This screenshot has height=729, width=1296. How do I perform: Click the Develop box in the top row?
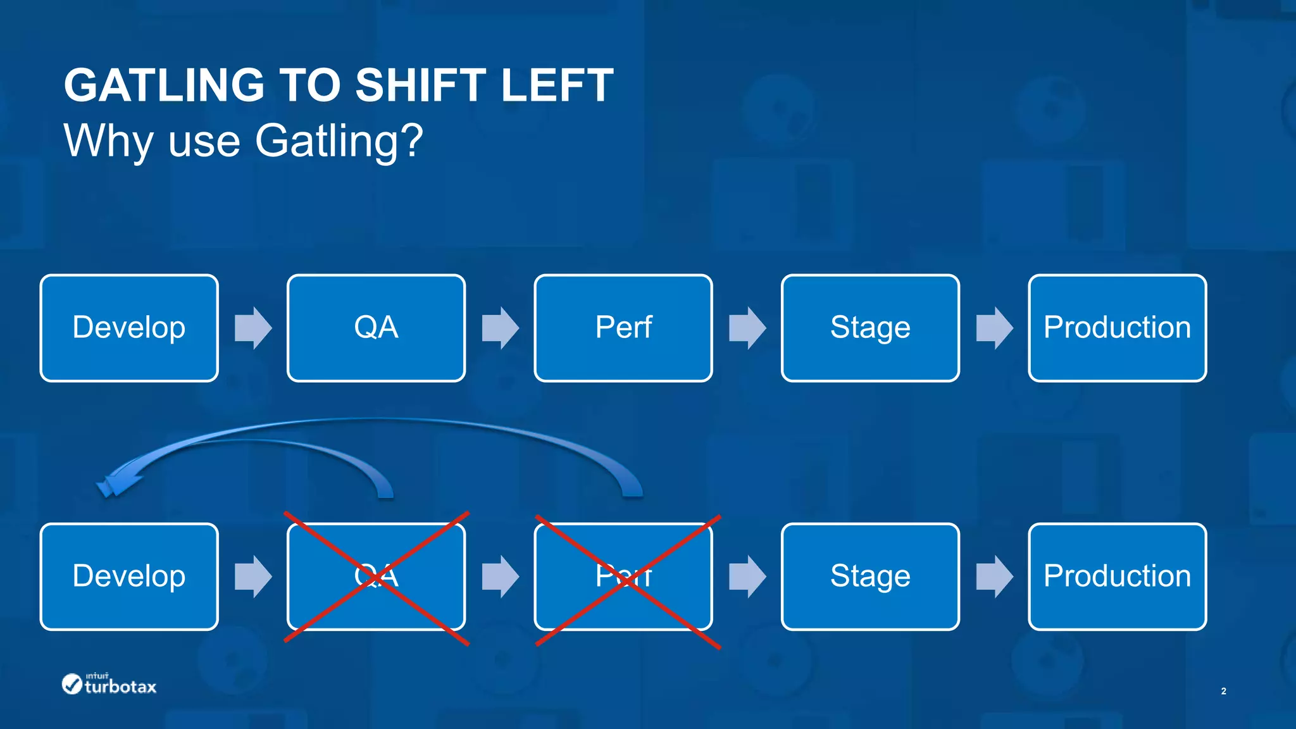129,328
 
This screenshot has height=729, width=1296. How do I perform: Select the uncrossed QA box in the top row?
376,328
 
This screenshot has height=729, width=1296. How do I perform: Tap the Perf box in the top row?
623,328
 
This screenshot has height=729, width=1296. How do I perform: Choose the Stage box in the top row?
870,328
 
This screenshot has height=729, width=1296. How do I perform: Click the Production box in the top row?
1117,328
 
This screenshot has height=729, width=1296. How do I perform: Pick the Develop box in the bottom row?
129,576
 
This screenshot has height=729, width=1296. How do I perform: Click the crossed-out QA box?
376,576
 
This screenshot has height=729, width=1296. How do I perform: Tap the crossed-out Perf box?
623,576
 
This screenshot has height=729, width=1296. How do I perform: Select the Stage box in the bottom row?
870,576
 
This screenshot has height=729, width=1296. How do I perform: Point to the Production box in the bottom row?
1117,576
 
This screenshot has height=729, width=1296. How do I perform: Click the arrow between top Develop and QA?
253,328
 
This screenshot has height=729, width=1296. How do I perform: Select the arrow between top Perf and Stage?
747,328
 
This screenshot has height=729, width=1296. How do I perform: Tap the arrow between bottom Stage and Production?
994,576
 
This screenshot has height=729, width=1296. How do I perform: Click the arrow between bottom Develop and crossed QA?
253,576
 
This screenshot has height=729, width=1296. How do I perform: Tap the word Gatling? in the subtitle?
339,140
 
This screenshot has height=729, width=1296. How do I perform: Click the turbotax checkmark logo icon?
72,683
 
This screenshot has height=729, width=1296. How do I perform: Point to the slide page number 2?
1223,691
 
